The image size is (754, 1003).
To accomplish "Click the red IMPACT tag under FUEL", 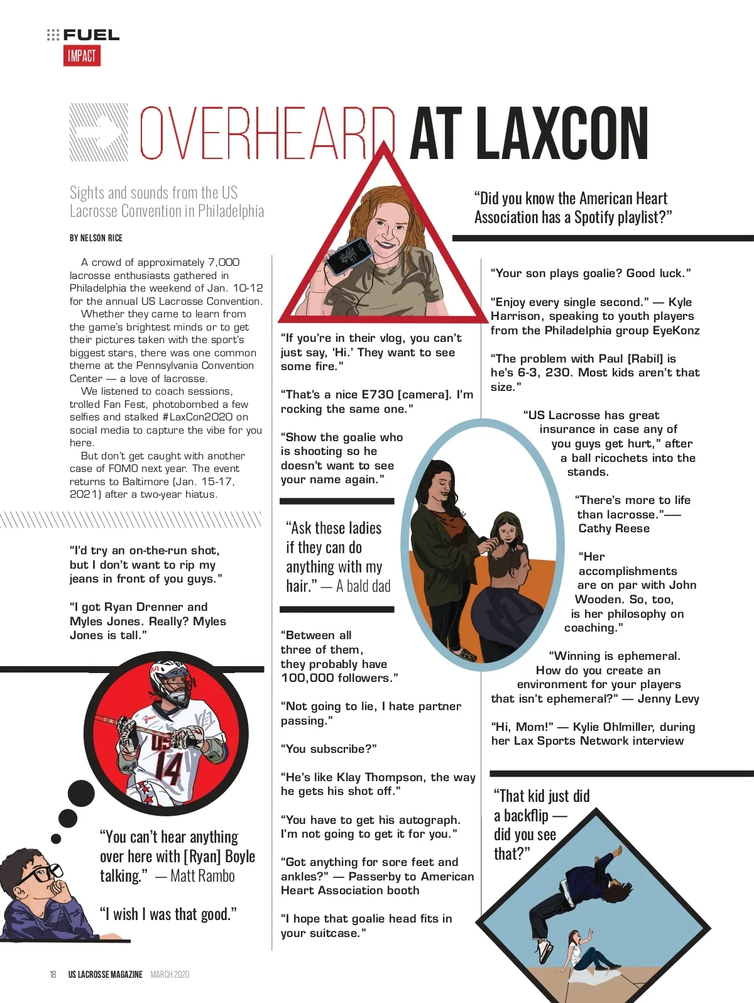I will (x=82, y=56).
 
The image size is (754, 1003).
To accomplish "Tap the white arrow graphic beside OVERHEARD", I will (x=99, y=133).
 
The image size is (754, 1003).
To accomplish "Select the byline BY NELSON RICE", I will (x=96, y=238).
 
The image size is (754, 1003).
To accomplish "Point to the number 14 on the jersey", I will (x=168, y=767).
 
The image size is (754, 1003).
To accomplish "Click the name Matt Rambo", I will (x=202, y=876).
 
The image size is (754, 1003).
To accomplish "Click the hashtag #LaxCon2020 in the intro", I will (x=197, y=417).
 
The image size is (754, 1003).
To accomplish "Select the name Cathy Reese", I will (x=614, y=529).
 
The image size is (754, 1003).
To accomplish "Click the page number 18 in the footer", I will (x=53, y=975).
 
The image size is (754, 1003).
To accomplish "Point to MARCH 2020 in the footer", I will (x=170, y=975).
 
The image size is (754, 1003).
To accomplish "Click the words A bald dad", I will (x=363, y=586).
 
